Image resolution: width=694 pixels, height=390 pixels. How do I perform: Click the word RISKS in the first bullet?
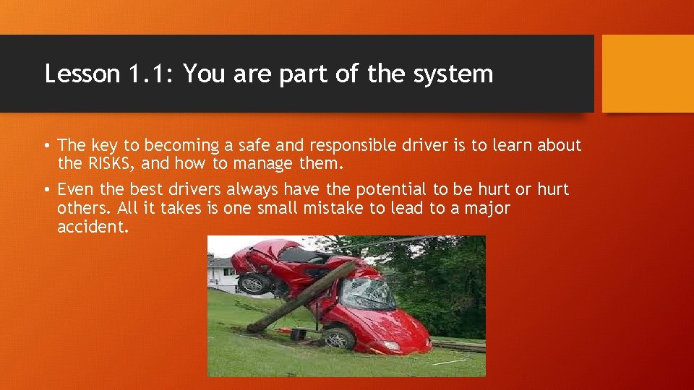pyautogui.click(x=104, y=164)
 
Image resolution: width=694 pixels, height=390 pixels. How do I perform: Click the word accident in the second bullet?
pyautogui.click(x=92, y=227)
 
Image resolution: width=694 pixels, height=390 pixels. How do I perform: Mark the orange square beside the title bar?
pyautogui.click(x=648, y=74)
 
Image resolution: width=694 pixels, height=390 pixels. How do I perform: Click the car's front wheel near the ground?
pyautogui.click(x=338, y=337)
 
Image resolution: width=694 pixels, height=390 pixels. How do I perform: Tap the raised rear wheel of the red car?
pyautogui.click(x=252, y=282)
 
